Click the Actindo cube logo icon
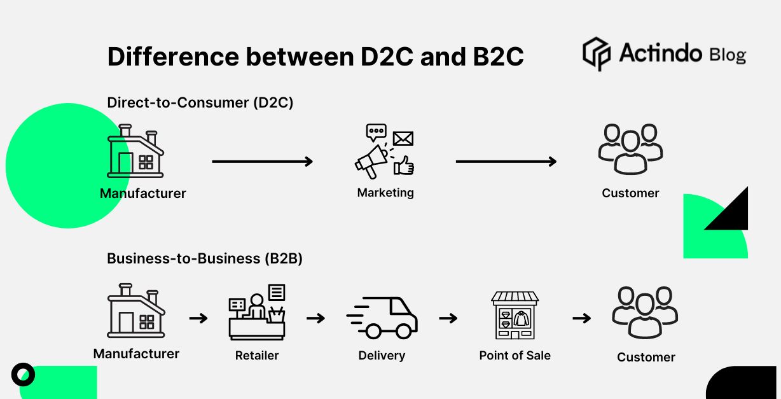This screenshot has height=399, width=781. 596,53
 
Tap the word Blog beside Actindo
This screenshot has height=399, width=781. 727,55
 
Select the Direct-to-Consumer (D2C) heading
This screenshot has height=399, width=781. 200,102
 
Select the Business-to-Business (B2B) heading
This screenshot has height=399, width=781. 204,258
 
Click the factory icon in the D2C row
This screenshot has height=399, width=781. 135,153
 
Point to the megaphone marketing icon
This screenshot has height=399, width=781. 384,152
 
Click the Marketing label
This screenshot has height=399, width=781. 385,193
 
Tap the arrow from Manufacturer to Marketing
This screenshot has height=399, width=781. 262,162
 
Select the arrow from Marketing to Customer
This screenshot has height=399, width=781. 506,162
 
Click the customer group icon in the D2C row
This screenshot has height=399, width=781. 630,150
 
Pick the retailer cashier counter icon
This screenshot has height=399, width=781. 257,312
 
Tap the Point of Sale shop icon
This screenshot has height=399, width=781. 515,315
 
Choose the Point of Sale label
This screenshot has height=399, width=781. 515,356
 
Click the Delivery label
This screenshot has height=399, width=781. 382,356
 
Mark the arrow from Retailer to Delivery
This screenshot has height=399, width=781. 315,318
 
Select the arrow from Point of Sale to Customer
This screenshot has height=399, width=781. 581,318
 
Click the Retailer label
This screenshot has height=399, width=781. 257,356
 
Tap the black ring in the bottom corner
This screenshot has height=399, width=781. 23,374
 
